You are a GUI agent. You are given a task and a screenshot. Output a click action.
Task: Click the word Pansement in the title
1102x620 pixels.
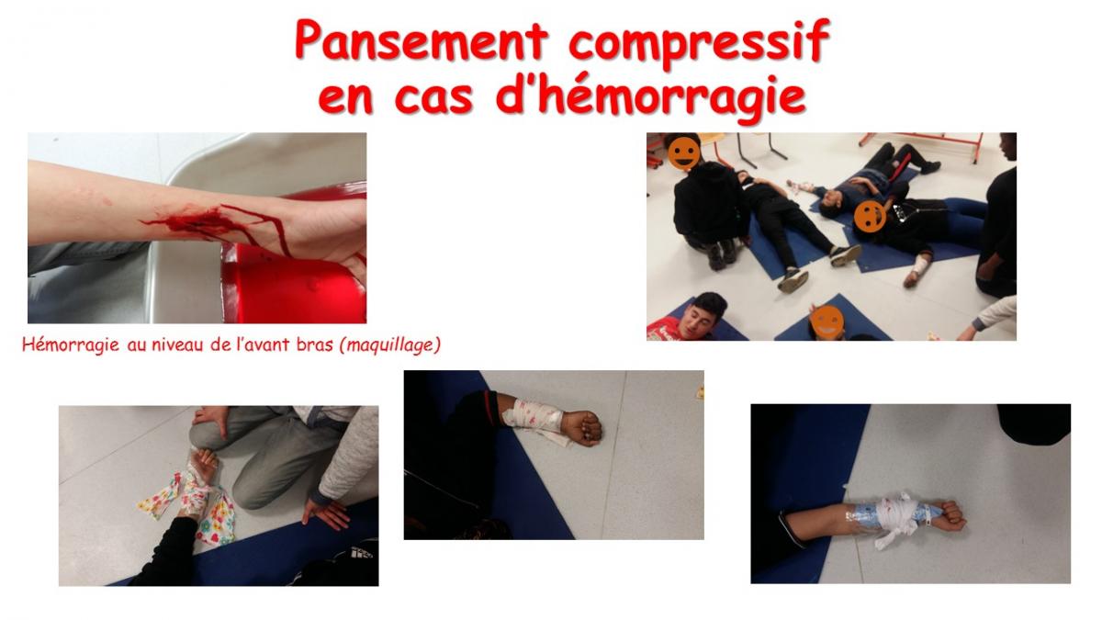(x=422, y=40)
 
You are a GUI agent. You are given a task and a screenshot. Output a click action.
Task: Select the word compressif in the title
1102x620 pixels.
(x=699, y=43)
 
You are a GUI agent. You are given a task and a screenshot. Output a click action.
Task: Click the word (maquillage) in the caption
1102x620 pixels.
(x=389, y=345)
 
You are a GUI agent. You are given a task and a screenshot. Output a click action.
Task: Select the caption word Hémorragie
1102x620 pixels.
(x=71, y=345)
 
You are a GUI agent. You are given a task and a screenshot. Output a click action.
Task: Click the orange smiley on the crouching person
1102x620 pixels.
(x=684, y=153)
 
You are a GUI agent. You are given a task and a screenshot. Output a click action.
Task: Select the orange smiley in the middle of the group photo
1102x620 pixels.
(x=870, y=217)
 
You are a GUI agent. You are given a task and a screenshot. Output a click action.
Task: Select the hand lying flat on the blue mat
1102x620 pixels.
(x=327, y=513)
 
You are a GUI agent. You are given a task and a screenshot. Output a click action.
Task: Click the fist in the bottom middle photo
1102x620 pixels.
(x=582, y=428)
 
